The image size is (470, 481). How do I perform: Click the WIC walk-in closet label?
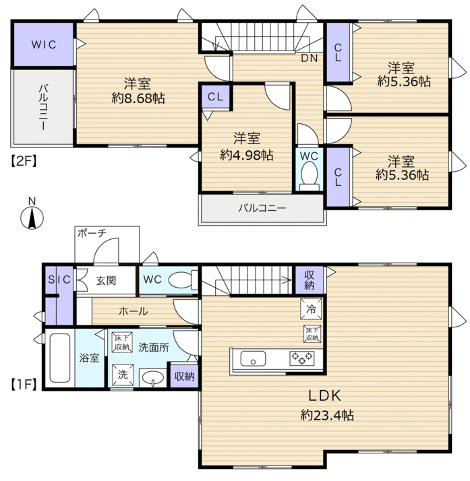(44, 44)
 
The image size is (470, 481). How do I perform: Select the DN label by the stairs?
(309, 58)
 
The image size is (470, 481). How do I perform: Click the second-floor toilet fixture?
(310, 177)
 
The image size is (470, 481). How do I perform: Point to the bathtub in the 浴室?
(60, 358)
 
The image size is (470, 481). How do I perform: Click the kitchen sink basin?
(253, 358)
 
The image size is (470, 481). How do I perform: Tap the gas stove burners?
(302, 358)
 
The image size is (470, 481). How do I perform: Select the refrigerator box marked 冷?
(311, 309)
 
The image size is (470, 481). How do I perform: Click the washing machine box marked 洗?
(123, 375)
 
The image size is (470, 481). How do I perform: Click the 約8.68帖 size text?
(138, 98)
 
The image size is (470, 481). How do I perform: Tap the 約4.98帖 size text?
(247, 155)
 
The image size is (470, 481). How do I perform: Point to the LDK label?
(325, 395)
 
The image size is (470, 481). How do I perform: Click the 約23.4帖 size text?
(327, 415)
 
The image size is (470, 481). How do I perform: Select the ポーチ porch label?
(92, 233)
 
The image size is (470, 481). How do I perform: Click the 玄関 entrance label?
(106, 280)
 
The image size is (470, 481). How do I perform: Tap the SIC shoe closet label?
(59, 280)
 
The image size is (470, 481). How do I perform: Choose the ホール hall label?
(133, 311)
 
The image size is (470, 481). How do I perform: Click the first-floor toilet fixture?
(183, 280)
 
